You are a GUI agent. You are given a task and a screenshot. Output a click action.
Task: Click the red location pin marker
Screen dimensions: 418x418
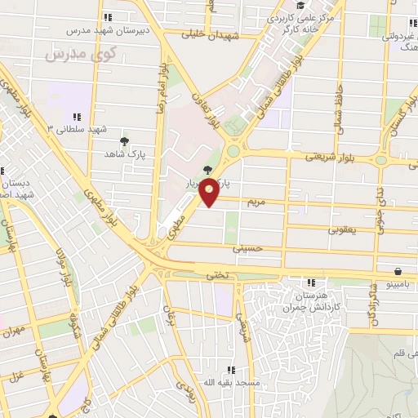[210, 193]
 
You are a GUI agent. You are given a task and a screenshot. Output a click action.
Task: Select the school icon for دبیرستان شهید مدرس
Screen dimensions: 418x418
[107, 17]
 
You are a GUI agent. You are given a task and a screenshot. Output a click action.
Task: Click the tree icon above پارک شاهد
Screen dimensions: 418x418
[124, 140]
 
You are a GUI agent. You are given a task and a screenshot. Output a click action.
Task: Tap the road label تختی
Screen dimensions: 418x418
[217, 274]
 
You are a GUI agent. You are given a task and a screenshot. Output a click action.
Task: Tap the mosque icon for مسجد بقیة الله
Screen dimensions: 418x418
[232, 370]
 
